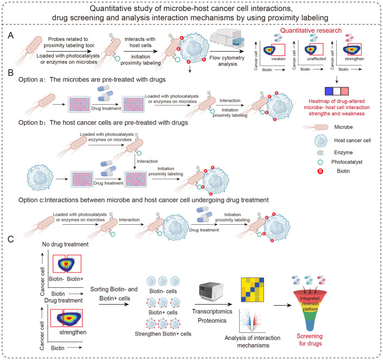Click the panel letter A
[x=11, y=36]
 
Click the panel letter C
[x=11, y=239]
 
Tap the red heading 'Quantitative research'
[x=311, y=30]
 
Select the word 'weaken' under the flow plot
[x=278, y=59]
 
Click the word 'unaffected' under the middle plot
[x=316, y=59]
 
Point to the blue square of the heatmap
[x=329, y=91]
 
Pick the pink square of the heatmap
[x=344, y=91]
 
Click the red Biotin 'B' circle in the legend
[x=320, y=172]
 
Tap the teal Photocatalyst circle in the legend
[x=320, y=162]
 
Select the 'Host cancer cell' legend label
[x=352, y=141]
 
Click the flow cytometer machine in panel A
[x=227, y=39]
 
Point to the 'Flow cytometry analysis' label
[x=227, y=61]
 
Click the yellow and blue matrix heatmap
[x=253, y=290]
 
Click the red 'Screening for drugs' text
[x=310, y=340]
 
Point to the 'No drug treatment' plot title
[x=65, y=244]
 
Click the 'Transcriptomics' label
[x=212, y=312]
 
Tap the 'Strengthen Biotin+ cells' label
[x=163, y=334]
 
